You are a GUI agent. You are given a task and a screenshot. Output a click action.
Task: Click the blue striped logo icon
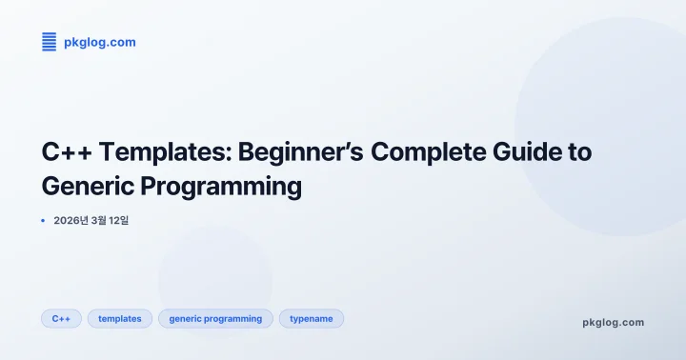point(50,41)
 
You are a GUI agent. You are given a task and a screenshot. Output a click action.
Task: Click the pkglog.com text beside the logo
point(99,42)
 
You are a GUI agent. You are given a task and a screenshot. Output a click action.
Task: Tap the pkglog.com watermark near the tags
point(613,322)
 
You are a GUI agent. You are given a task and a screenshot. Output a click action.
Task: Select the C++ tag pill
point(61,319)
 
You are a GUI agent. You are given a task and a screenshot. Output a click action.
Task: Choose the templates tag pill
point(120,319)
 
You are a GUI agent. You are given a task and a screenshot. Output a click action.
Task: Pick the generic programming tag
point(215,319)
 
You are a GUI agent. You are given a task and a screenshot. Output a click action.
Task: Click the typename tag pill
point(311,319)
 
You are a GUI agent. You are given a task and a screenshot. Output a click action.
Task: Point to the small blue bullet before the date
point(43,220)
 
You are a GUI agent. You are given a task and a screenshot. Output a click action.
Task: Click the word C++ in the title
point(65,152)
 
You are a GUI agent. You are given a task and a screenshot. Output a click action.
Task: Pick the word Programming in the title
point(225,186)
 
